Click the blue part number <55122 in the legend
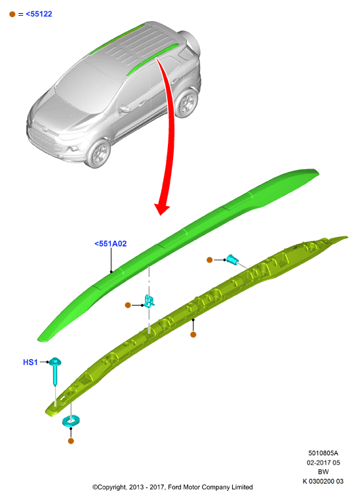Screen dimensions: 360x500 point(39,14)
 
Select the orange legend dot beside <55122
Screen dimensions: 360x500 point(12,14)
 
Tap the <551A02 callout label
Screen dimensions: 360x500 point(111,243)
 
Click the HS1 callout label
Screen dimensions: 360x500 point(30,362)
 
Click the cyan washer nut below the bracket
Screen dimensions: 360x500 point(71,421)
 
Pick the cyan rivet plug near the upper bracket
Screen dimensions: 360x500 point(232,260)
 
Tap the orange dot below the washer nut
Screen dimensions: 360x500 point(71,441)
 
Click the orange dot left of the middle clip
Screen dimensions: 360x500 point(128,305)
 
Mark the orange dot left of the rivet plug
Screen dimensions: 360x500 point(209,260)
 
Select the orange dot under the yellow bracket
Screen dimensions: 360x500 point(193,335)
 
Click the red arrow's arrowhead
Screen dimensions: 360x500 point(162,209)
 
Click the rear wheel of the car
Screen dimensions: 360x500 point(187,102)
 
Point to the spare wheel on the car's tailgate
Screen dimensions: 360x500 point(190,41)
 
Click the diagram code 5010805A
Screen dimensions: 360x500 point(323,453)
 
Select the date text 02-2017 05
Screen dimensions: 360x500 point(323,463)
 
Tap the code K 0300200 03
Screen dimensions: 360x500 point(323,481)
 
